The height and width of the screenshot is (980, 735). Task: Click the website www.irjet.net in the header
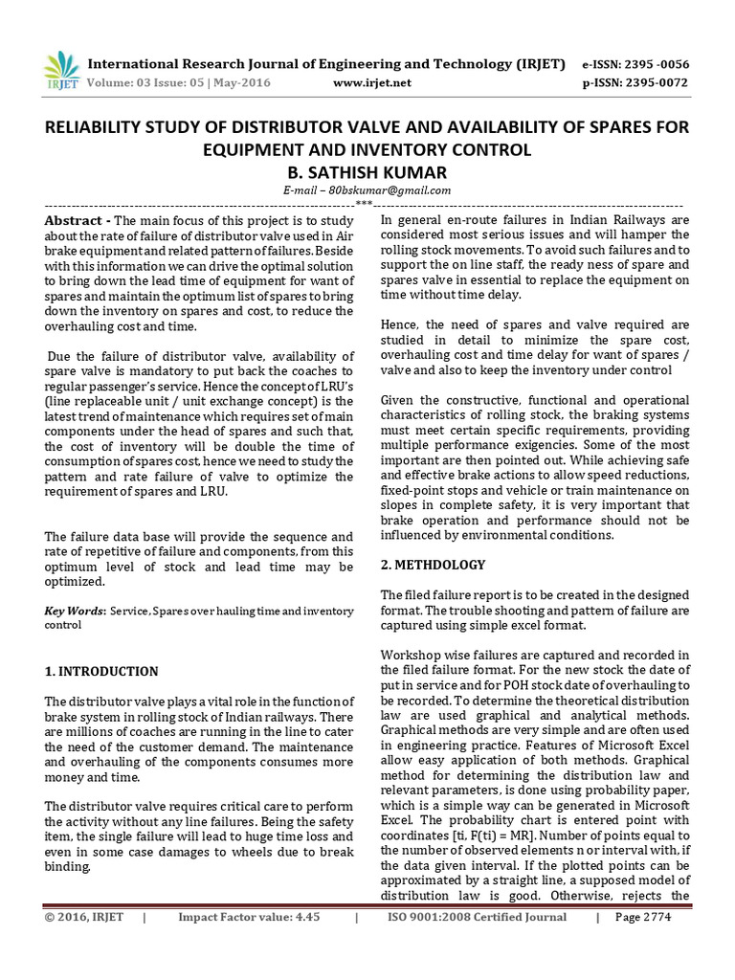(x=372, y=83)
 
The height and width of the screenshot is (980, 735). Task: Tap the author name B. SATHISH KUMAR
(x=367, y=171)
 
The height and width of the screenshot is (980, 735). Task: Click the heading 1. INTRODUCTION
(x=101, y=671)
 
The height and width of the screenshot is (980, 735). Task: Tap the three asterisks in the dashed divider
(x=364, y=203)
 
